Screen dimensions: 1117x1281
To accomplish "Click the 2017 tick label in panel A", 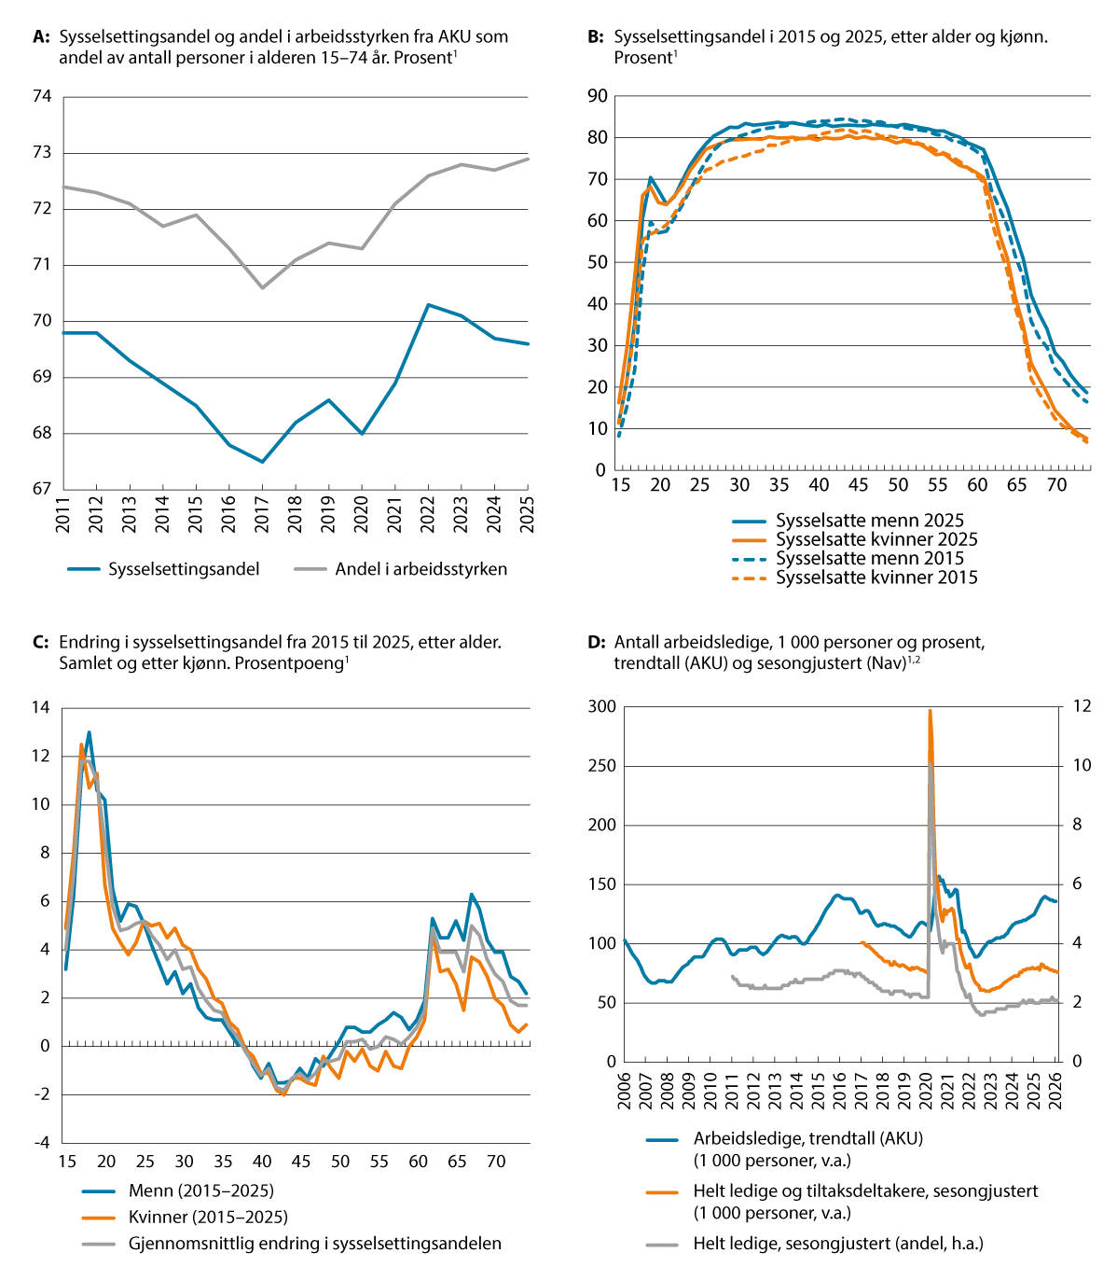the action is tap(262, 514).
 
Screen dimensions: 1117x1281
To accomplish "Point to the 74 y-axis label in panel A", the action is tap(42, 96).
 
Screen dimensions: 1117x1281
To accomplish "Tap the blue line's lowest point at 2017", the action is tap(262, 462).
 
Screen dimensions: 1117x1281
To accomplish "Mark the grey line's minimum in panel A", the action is tap(262, 288).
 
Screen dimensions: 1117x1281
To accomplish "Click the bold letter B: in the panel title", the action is tap(595, 37).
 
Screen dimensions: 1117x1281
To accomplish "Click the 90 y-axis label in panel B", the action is tap(598, 96).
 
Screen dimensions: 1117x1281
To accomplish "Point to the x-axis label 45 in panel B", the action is tap(858, 484).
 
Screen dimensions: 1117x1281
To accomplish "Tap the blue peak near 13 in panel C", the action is tap(89, 731).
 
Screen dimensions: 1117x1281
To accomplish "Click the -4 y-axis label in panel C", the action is tap(42, 1143).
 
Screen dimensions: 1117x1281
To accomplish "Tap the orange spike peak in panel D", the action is tap(930, 710).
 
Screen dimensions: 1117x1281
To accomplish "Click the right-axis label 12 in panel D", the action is tap(1082, 706).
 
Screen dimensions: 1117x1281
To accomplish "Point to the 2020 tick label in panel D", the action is tap(925, 1091).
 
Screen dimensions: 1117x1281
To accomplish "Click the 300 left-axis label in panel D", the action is tap(602, 706).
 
